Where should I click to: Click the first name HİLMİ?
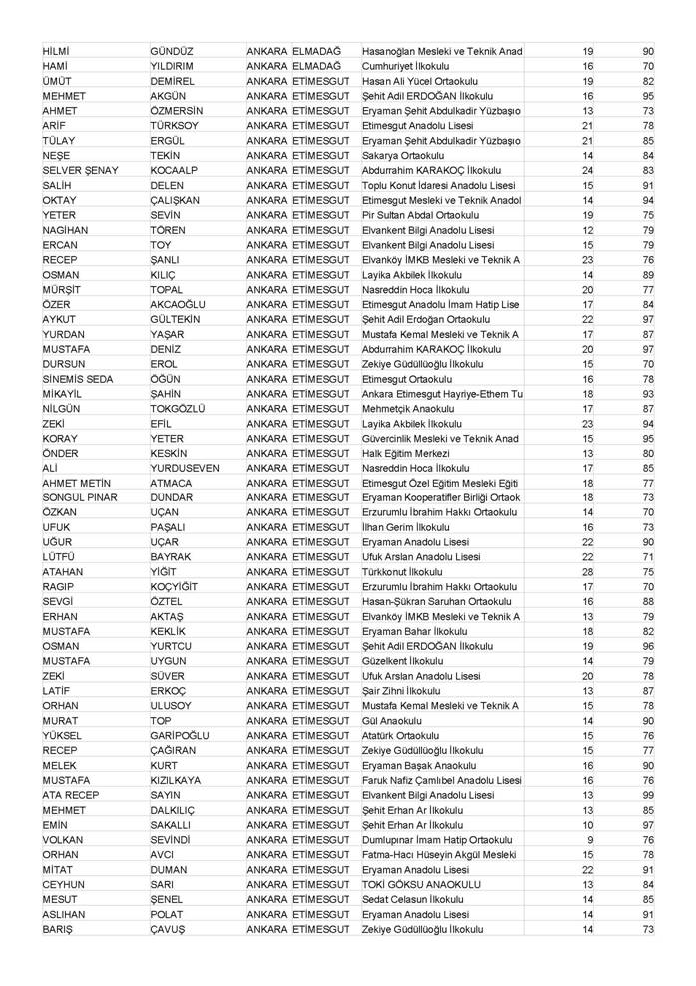pyautogui.click(x=61, y=51)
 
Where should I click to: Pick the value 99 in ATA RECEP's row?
pyautogui.click(x=648, y=795)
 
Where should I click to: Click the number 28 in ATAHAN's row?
pyautogui.click(x=587, y=572)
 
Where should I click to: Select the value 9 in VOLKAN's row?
pyautogui.click(x=589, y=840)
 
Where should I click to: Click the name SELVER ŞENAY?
pyautogui.click(x=80, y=171)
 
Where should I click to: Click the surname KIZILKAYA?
pyautogui.click(x=185, y=780)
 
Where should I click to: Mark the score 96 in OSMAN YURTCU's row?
pyautogui.click(x=648, y=646)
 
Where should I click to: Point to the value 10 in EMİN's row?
pyautogui.click(x=588, y=825)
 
